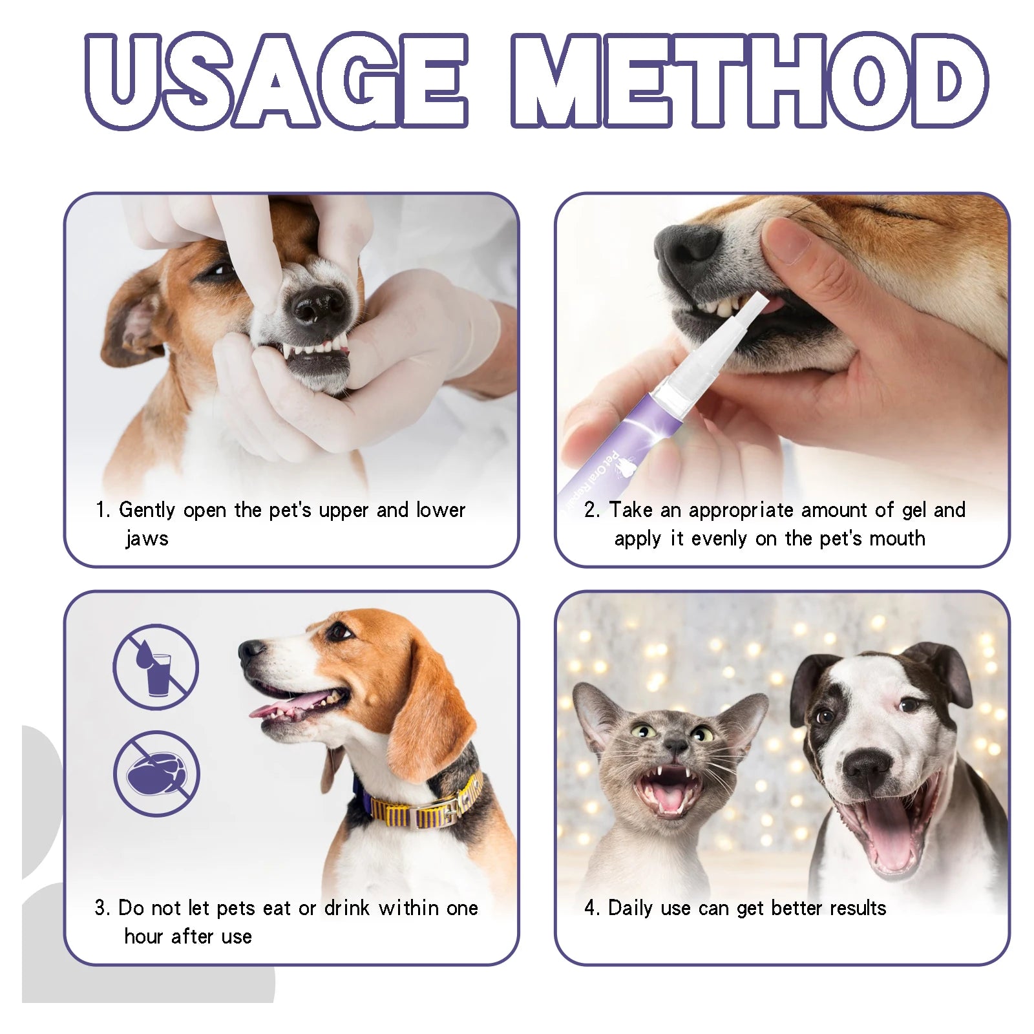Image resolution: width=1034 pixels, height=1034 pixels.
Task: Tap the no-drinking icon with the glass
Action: pos(155,667)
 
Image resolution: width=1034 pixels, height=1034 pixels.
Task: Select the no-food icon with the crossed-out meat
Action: pos(156,774)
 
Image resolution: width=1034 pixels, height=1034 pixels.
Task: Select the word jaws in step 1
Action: pos(147,538)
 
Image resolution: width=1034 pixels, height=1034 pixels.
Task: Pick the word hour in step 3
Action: pos(143,936)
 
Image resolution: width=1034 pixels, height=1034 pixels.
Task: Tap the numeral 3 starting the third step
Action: pos(100,908)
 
